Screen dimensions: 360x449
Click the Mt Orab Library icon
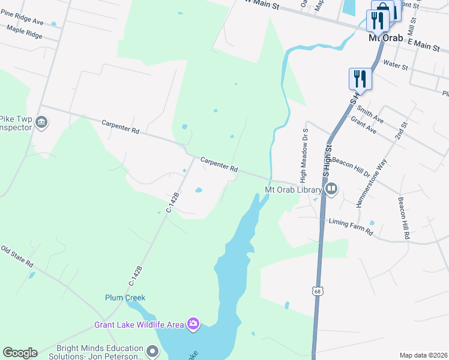[331, 190]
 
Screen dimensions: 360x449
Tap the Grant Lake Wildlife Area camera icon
[193, 325]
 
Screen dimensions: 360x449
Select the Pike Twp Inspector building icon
[41, 123]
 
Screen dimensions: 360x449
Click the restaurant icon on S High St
[360, 78]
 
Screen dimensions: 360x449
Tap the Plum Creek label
[125, 298]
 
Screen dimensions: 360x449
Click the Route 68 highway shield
[318, 291]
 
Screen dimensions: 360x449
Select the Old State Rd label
[17, 257]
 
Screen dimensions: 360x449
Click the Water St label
[396, 63]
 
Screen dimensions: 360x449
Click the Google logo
[20, 353]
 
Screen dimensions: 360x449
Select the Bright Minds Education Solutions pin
[153, 352]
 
